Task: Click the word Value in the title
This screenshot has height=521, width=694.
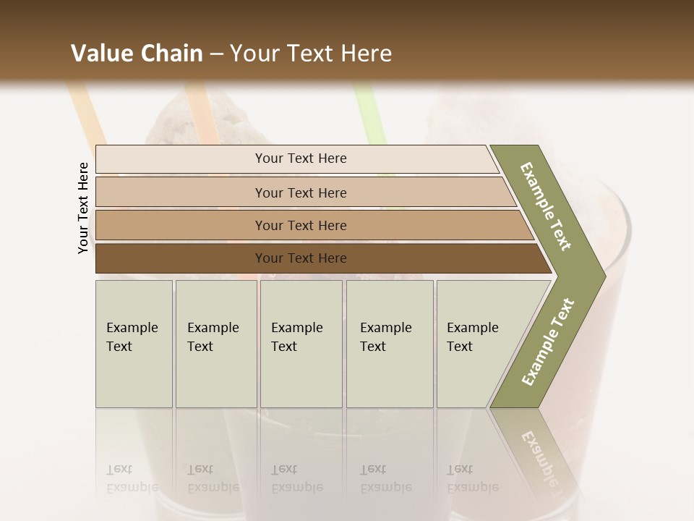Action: (x=100, y=54)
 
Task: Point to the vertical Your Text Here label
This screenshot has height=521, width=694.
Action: (x=83, y=208)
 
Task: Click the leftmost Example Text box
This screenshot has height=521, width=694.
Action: (x=134, y=344)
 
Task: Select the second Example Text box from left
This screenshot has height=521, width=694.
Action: (x=216, y=344)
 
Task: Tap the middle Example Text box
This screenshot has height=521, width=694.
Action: (x=301, y=344)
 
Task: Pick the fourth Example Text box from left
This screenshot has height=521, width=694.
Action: (x=390, y=344)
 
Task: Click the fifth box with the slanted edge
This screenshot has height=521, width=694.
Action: (x=477, y=344)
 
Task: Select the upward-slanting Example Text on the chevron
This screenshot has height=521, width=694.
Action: (x=548, y=342)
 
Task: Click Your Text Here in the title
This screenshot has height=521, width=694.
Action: (x=311, y=54)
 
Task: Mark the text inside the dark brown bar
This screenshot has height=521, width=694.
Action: (x=301, y=258)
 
